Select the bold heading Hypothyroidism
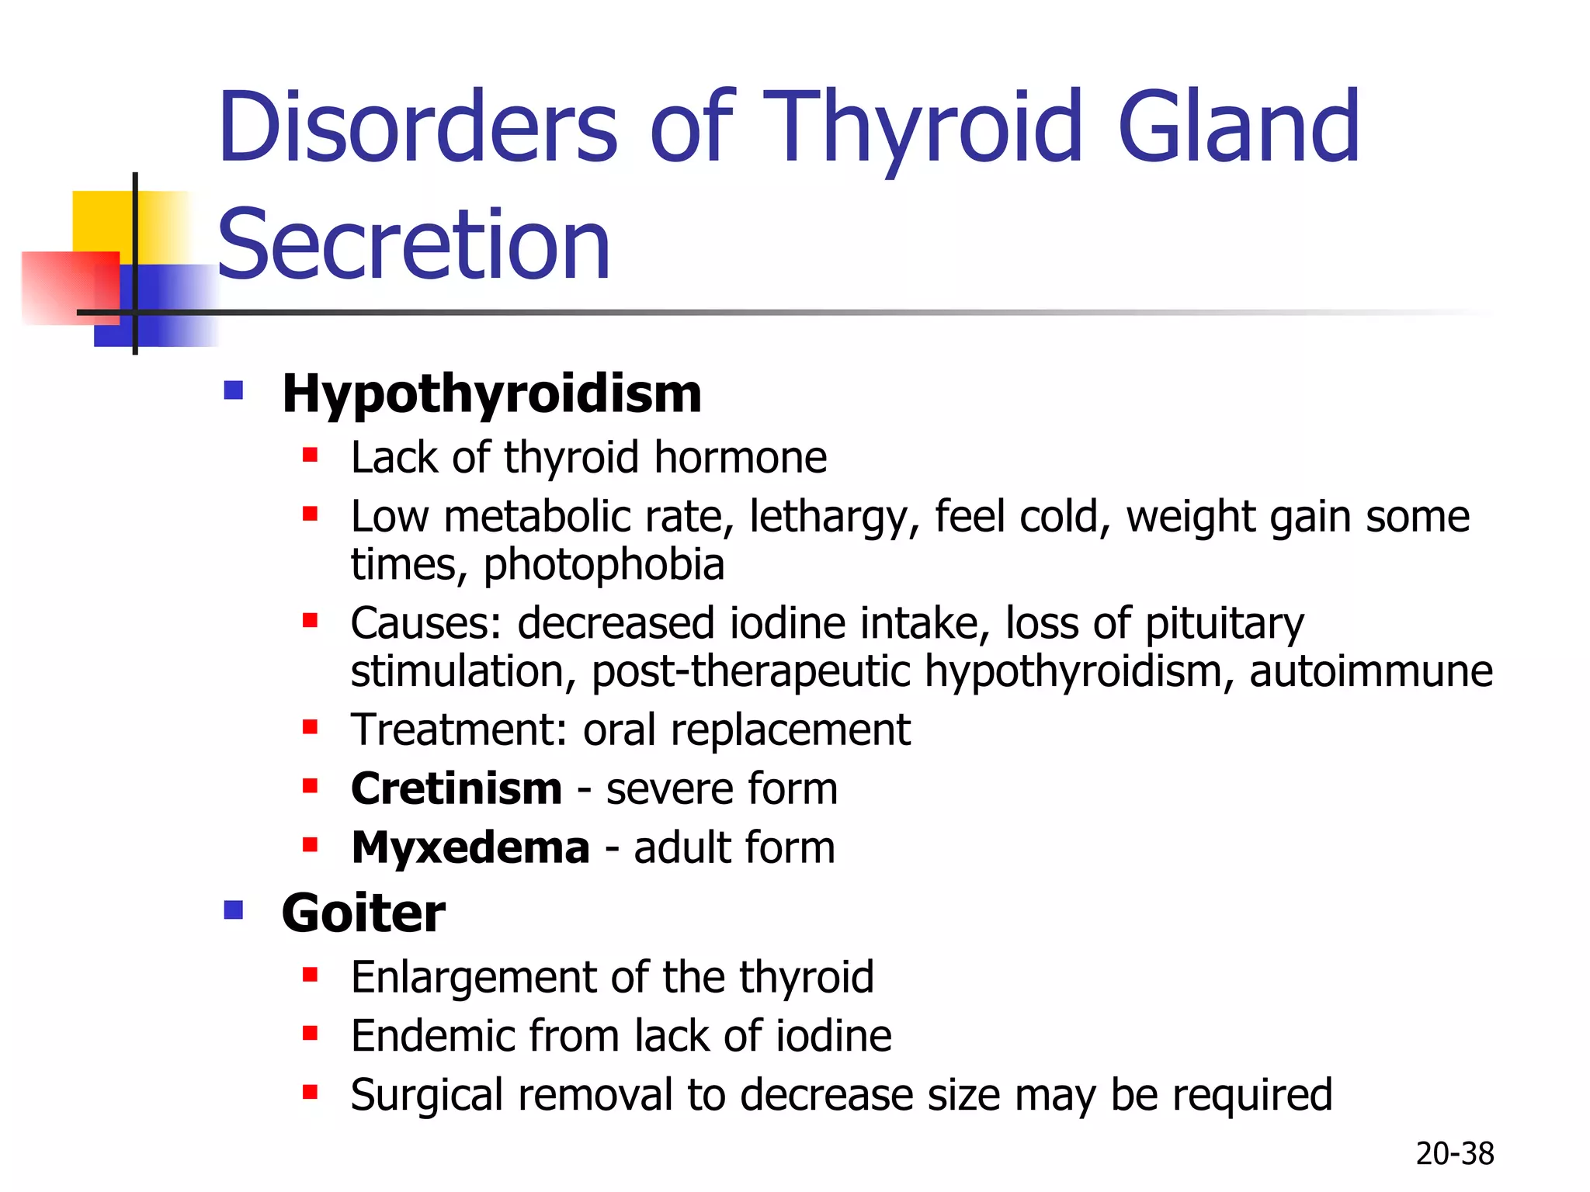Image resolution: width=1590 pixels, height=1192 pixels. click(x=491, y=393)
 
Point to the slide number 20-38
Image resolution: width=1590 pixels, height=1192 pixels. click(x=1454, y=1154)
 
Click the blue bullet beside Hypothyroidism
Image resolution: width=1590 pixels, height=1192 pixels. click(x=234, y=390)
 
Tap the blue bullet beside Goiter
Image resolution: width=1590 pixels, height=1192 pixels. click(x=234, y=909)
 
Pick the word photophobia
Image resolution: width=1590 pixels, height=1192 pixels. click(x=604, y=564)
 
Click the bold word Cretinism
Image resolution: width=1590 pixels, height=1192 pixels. click(x=457, y=788)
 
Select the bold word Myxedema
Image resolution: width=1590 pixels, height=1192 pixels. click(x=470, y=847)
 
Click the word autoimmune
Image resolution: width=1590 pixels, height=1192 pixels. click(x=1370, y=670)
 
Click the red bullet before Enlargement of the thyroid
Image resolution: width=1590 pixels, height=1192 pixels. click(x=311, y=975)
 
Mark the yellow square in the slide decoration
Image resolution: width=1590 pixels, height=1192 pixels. click(x=101, y=221)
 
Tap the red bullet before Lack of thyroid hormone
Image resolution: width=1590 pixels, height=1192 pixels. click(x=311, y=455)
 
